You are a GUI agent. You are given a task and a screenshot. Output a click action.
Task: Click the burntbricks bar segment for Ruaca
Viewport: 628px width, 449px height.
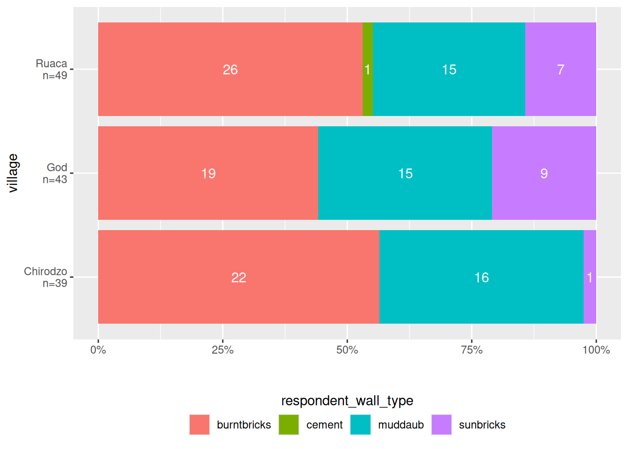[187, 89]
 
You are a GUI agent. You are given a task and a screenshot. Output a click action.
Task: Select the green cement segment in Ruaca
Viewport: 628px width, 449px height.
[367, 94]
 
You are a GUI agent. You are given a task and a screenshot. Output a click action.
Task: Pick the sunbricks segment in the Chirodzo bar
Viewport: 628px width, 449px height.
[590, 299]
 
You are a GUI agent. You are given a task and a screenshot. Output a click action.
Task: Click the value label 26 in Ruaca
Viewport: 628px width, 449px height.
[230, 70]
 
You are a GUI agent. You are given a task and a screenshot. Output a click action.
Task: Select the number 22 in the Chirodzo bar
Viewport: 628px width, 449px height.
[239, 277]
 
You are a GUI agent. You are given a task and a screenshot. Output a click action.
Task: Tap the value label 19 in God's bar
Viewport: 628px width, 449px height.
[208, 174]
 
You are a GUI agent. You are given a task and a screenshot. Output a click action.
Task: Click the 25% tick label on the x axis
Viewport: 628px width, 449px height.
[222, 350]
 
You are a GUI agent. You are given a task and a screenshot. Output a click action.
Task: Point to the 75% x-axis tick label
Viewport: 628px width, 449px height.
[471, 350]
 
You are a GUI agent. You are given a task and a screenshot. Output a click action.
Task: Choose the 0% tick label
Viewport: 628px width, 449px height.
[98, 350]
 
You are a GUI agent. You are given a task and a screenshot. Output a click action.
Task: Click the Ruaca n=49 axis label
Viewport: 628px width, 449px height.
[52, 69]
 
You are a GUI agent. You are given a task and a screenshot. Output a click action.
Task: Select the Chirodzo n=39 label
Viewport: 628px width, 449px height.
[46, 277]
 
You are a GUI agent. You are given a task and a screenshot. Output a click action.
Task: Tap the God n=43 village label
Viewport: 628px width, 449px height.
[56, 173]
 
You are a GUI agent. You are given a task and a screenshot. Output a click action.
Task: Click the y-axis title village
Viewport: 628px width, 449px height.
[13, 173]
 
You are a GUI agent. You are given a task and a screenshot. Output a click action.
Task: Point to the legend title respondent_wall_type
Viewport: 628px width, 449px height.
[347, 401]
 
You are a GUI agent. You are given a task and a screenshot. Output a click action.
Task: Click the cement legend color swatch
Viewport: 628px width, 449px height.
[289, 425]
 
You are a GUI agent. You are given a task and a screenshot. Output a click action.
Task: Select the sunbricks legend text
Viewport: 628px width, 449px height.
[482, 425]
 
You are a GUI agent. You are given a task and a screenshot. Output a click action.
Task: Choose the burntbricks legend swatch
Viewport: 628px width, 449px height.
[200, 425]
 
